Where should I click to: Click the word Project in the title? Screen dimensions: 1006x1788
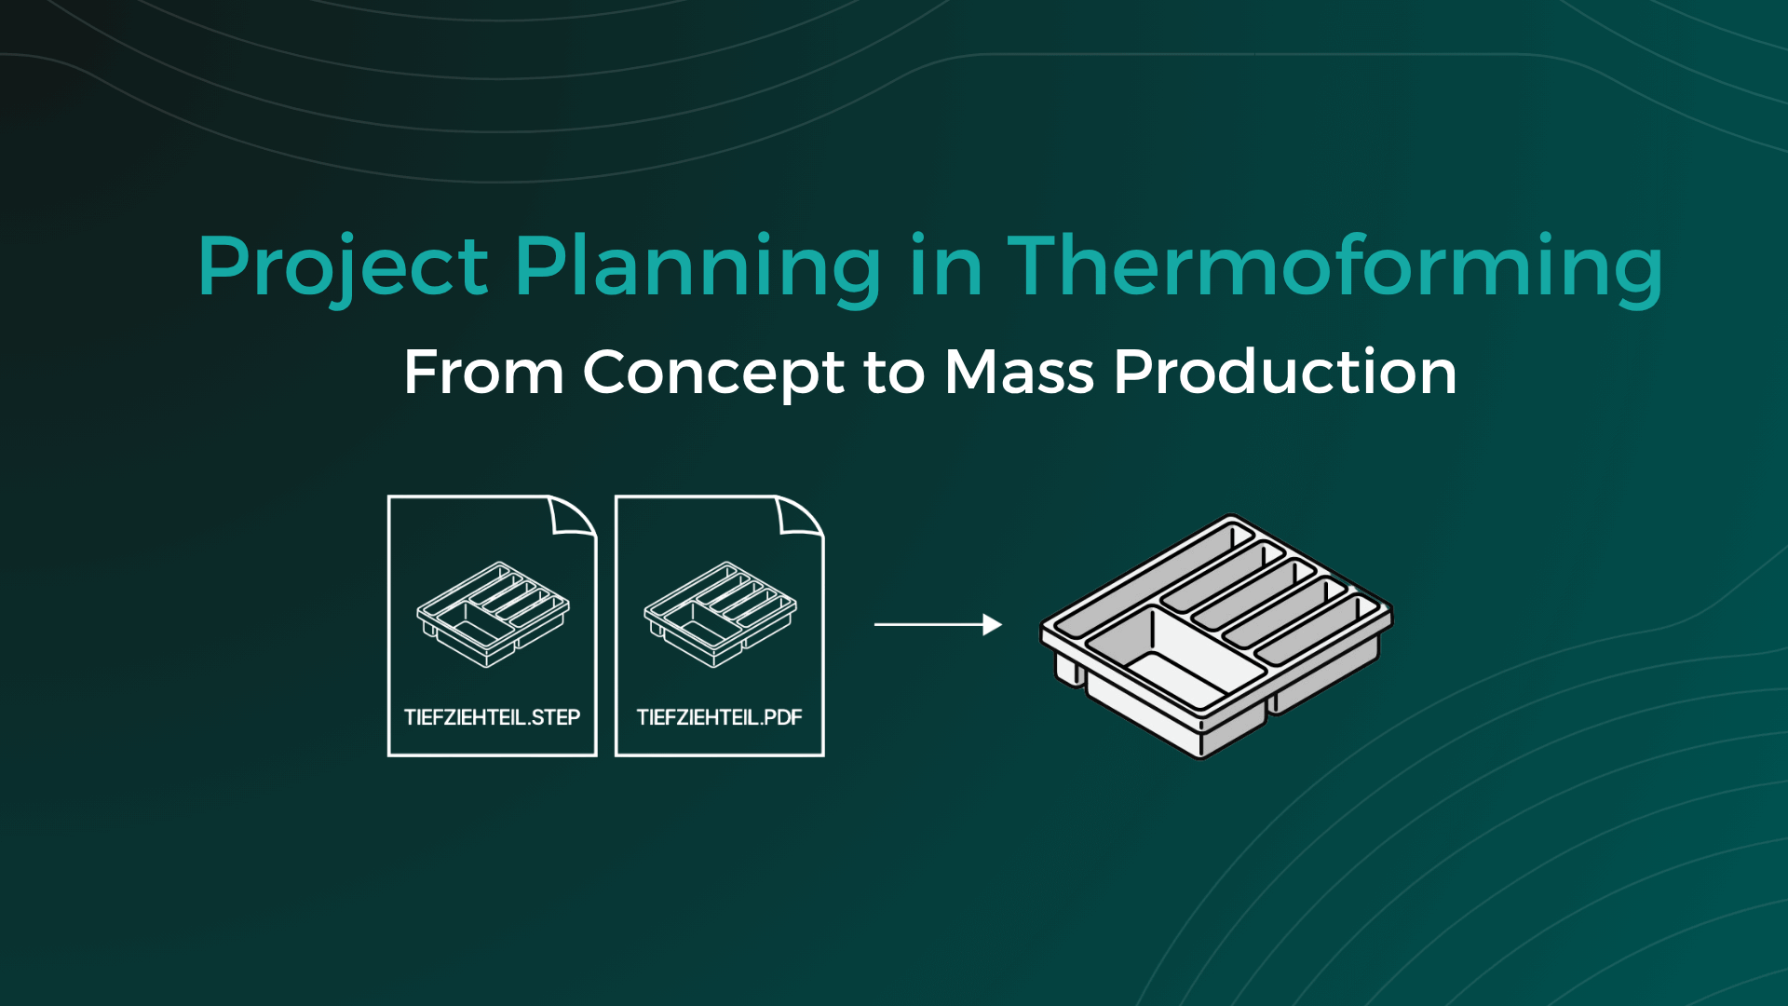342,267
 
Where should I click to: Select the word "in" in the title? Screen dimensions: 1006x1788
945,267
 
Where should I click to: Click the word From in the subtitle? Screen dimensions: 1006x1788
483,373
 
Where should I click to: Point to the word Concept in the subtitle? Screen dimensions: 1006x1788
713,373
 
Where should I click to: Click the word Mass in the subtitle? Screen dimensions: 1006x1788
1019,373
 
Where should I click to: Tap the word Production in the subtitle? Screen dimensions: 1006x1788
1285,373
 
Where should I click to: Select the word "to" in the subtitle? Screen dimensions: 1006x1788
894,373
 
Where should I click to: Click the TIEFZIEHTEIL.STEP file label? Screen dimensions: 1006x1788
492,717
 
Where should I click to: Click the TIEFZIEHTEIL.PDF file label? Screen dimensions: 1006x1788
719,717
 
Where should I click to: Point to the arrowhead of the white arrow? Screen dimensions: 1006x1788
993,624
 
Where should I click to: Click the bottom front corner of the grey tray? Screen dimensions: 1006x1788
1201,750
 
